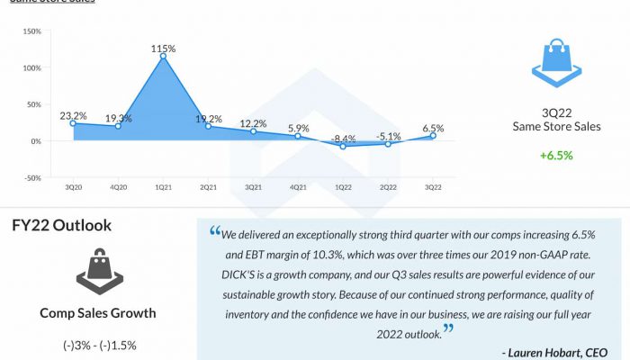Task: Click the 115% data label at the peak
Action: [x=163, y=47]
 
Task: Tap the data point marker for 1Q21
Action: [x=163, y=57]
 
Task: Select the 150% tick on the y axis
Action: [x=31, y=31]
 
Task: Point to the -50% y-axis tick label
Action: [x=31, y=178]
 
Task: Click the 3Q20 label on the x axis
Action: [x=73, y=187]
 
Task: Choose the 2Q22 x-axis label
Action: [x=388, y=187]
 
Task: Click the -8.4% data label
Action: [x=343, y=139]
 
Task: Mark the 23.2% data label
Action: [x=73, y=116]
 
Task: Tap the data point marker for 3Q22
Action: [x=433, y=136]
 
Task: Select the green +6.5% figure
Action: [x=556, y=156]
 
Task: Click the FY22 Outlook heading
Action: [x=61, y=225]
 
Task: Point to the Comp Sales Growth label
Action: [x=98, y=312]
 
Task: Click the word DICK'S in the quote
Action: [x=242, y=273]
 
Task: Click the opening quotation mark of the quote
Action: [x=215, y=231]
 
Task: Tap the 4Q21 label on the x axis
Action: [x=298, y=187]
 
